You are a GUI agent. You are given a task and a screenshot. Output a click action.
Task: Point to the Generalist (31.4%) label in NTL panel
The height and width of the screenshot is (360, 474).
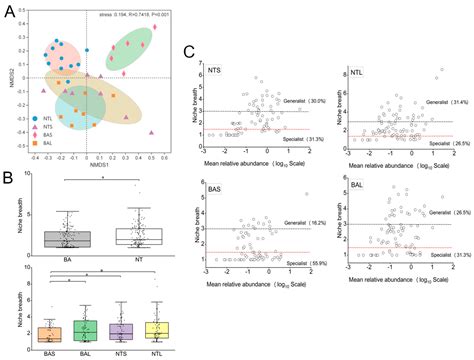pyautogui.click(x=446, y=102)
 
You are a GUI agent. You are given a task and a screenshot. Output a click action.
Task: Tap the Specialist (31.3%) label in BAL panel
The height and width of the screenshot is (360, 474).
pyautogui.click(x=446, y=257)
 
